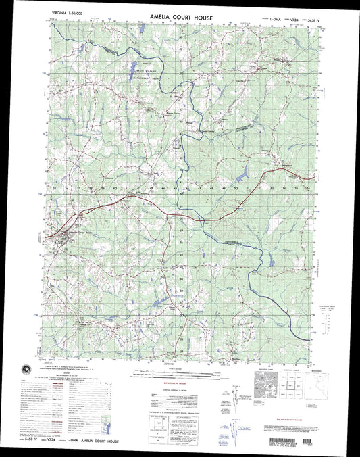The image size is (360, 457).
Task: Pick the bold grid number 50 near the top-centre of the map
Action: [x=182, y=73]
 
